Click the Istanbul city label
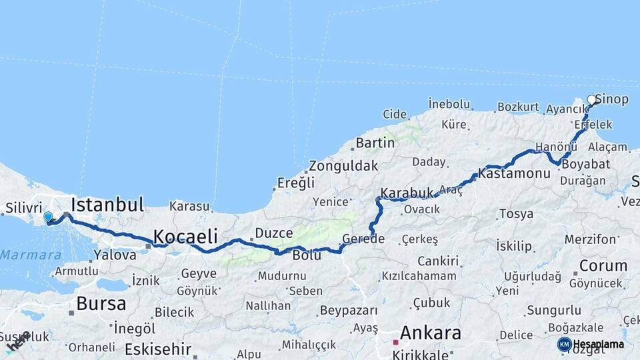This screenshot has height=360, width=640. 107,204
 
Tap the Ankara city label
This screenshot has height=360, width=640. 431,333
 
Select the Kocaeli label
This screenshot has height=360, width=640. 185,236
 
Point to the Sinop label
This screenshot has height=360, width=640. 612,99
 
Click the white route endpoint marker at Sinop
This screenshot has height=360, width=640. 592,100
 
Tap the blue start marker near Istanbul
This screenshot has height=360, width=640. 48,217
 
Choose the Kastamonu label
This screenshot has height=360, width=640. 514,173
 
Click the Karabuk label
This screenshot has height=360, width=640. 407,193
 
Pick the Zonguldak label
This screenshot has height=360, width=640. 344,166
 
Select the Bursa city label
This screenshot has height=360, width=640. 101,304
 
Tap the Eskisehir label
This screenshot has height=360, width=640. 158,349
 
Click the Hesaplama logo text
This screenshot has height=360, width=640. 599,344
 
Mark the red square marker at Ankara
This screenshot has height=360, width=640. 395,342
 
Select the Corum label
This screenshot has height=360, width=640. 603,265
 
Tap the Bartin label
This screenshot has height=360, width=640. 375,143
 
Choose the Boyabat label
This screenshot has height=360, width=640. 585,164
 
